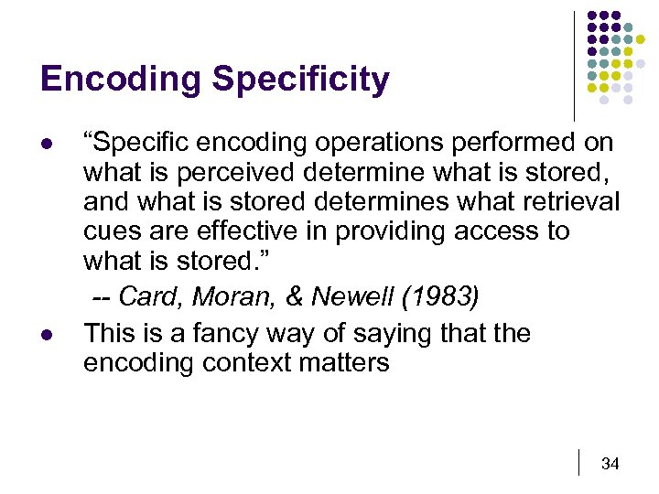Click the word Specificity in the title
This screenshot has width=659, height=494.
click(301, 81)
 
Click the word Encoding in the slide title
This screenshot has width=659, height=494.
click(122, 81)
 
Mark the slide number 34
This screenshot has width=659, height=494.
click(610, 464)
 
